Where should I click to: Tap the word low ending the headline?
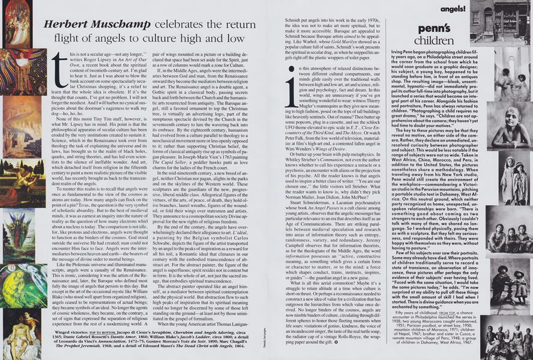point(238,39)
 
